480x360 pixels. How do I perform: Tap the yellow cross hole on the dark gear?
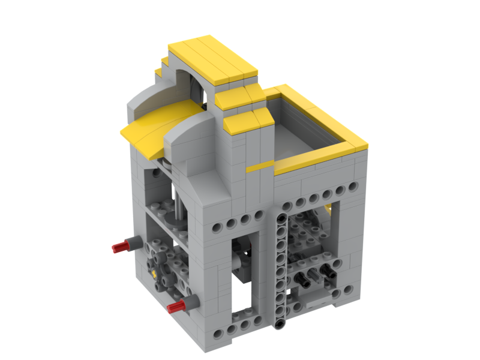point(157,272)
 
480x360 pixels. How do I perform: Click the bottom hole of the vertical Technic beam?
point(280,324)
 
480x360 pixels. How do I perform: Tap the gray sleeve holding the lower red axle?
point(191,302)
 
